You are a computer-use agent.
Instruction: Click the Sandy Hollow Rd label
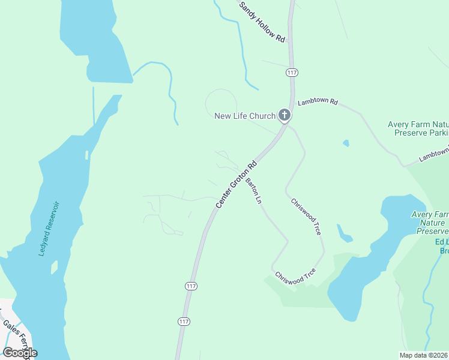[262, 22]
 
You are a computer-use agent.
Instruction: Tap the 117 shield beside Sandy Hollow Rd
[292, 73]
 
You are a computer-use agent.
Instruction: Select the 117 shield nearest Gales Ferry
[184, 322]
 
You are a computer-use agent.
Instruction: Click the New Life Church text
[245, 116]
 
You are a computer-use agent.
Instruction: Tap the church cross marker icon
[285, 115]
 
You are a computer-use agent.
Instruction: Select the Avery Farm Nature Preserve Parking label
[418, 129]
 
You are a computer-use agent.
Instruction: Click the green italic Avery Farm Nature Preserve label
[430, 223]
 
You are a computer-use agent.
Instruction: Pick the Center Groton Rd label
[237, 184]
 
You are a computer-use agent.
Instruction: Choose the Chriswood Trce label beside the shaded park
[295, 277]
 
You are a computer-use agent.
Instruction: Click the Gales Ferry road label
[16, 332]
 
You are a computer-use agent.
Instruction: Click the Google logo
[20, 353]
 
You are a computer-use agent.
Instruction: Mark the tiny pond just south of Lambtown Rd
[346, 143]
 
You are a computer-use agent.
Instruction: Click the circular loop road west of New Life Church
[221, 102]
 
